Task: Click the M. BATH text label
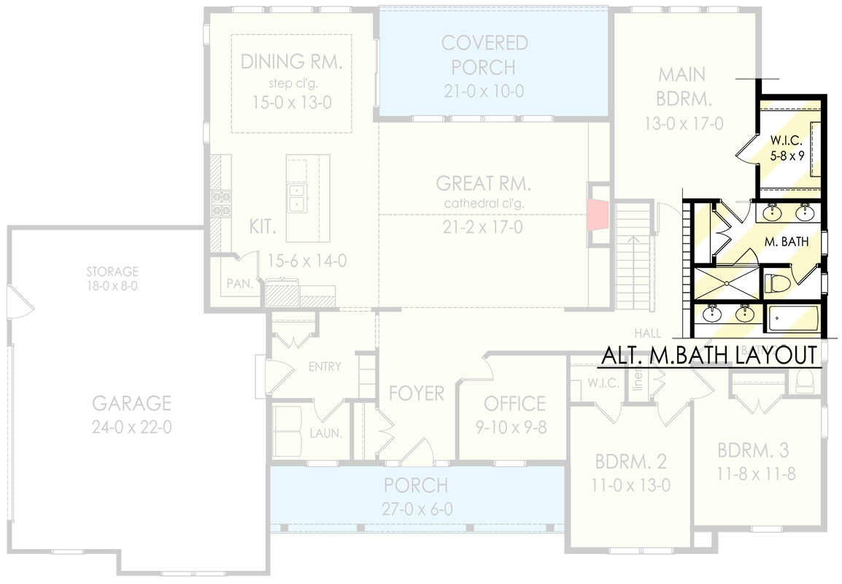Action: click(787, 241)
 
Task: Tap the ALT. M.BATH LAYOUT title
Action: click(708, 356)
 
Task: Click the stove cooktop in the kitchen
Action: click(220, 204)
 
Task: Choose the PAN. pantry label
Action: click(239, 283)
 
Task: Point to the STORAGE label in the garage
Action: click(112, 272)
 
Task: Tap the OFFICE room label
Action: click(514, 403)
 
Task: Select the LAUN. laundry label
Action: click(325, 433)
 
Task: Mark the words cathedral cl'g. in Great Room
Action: click(482, 203)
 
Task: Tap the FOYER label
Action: click(416, 393)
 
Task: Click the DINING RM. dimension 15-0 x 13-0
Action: click(292, 102)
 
